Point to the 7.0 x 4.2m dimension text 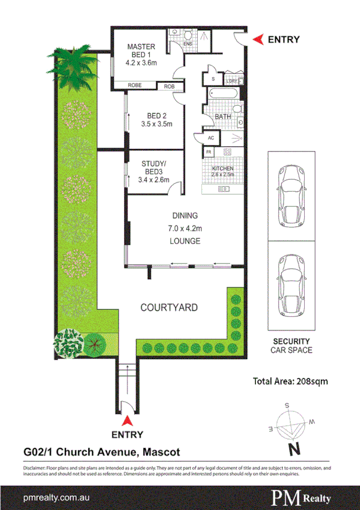point(185,228)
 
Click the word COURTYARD point(168,307)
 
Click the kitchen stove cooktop point(228,152)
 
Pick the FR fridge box point(209,152)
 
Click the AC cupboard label point(210,137)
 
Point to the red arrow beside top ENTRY point(257,40)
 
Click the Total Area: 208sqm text point(290,380)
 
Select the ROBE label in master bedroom point(135,86)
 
